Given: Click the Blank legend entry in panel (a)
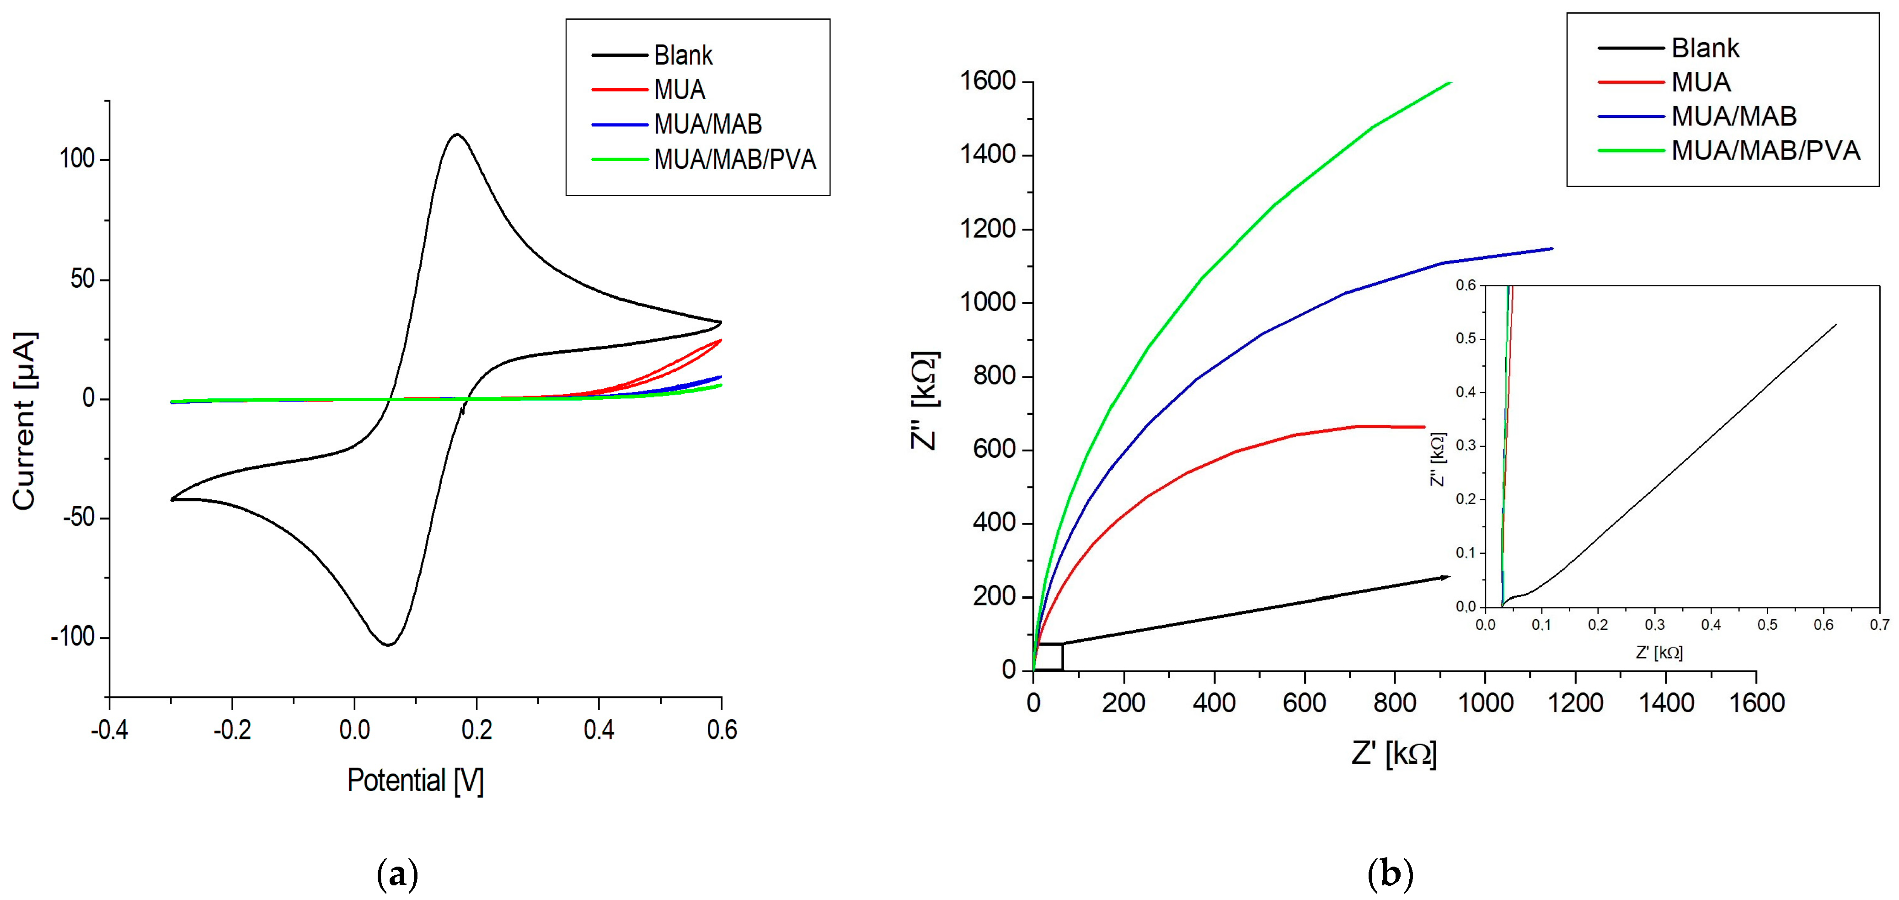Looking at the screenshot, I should [683, 55].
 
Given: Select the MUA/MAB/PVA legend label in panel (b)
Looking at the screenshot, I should [1765, 150].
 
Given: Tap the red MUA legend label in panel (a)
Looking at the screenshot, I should [679, 90].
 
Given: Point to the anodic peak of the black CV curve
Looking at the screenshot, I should [457, 134].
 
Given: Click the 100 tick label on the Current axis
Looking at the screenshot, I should [77, 159].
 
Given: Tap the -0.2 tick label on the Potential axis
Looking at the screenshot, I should [232, 730].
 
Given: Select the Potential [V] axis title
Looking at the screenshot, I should [415, 781].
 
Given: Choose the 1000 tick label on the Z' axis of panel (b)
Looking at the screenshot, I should [1486, 702].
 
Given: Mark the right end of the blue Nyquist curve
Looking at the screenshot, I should [1552, 248].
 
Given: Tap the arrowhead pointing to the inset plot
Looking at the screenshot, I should [1445, 577].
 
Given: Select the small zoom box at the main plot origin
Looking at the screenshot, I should [1048, 657].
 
